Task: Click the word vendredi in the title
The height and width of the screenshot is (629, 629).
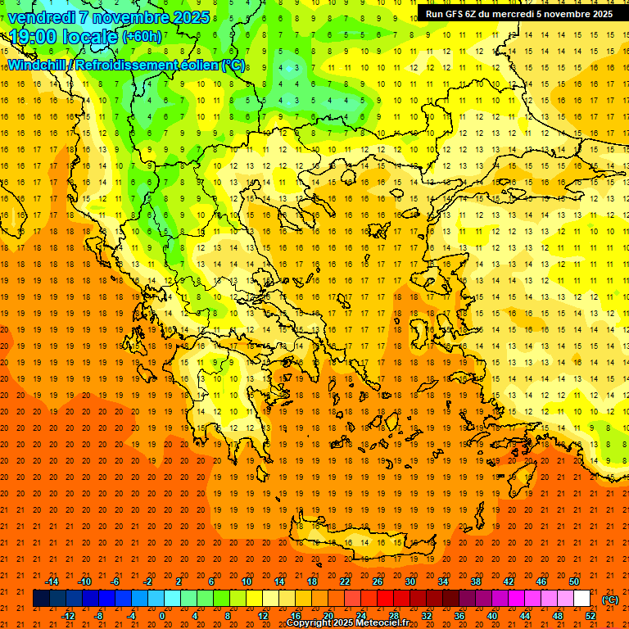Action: (x=42, y=16)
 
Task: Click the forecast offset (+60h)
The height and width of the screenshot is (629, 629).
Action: (x=143, y=36)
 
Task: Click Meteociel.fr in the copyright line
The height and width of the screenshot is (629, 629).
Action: (x=386, y=622)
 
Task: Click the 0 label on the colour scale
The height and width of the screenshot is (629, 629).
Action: (x=162, y=616)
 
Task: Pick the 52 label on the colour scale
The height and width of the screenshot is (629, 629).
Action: (x=591, y=616)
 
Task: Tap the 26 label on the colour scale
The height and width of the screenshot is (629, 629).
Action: (x=377, y=581)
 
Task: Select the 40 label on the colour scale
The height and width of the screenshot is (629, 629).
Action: (x=492, y=616)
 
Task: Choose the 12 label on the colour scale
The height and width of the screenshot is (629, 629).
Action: (x=262, y=616)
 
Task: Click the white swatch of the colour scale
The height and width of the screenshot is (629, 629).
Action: (x=581, y=599)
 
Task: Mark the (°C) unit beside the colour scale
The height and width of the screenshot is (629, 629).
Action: (x=610, y=600)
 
